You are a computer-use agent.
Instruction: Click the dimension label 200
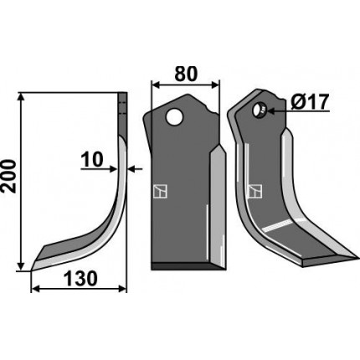click(x=8, y=176)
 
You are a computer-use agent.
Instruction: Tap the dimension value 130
click(x=81, y=279)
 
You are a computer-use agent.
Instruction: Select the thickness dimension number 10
click(x=92, y=160)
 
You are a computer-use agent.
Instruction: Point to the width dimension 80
click(x=186, y=74)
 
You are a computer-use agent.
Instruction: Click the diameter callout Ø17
click(x=309, y=102)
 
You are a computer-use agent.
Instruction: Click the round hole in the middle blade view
click(x=174, y=117)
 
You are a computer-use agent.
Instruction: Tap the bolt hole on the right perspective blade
click(x=260, y=110)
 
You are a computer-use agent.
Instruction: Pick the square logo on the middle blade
click(x=160, y=192)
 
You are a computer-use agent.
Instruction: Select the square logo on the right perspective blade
click(x=255, y=192)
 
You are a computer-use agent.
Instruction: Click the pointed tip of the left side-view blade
click(x=32, y=270)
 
